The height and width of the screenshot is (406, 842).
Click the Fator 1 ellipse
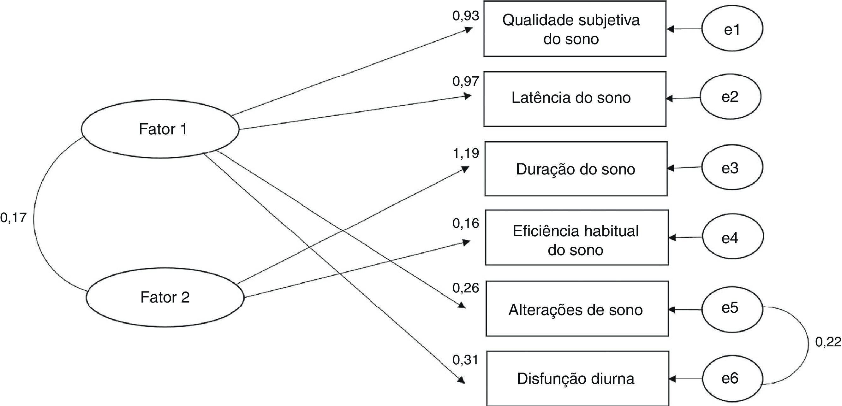(x=160, y=129)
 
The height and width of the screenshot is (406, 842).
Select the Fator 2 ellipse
(x=165, y=297)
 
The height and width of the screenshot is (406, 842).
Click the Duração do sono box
(x=576, y=169)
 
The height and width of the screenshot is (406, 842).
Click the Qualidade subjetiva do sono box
(x=575, y=29)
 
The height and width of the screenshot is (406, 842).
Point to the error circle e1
(x=732, y=29)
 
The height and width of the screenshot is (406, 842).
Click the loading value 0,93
(x=465, y=16)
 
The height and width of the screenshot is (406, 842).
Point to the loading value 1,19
(x=465, y=153)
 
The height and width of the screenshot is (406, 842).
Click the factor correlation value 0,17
(x=13, y=218)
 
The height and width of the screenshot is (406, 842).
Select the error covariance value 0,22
(x=828, y=342)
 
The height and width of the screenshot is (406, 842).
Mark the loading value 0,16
(x=465, y=223)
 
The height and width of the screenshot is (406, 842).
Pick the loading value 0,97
(x=465, y=81)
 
